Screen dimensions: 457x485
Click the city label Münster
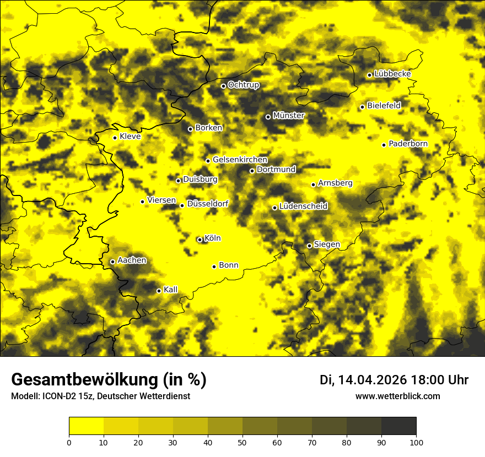pos(289,116)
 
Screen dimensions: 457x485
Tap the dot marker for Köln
pos(200,240)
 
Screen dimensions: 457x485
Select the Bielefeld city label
pos(384,105)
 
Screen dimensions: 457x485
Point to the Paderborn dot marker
pos(384,145)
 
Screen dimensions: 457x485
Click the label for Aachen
pos(132,260)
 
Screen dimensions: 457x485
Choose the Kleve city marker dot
pos(115,138)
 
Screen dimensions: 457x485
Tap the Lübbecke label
pos(392,74)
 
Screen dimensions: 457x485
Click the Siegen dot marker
pos(309,246)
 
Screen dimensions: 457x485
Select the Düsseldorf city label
pos(208,204)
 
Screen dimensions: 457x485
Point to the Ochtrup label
pos(244,85)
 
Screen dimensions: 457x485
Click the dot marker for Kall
pos(159,291)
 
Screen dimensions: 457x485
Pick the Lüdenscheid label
pos(304,206)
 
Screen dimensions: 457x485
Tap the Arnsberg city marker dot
pos(313,184)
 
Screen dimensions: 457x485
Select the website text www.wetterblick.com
pos(398,396)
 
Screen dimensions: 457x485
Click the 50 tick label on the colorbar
pos(242,442)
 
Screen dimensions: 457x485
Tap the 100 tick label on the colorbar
pos(416,442)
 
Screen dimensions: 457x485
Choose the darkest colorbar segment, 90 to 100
pos(398,426)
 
